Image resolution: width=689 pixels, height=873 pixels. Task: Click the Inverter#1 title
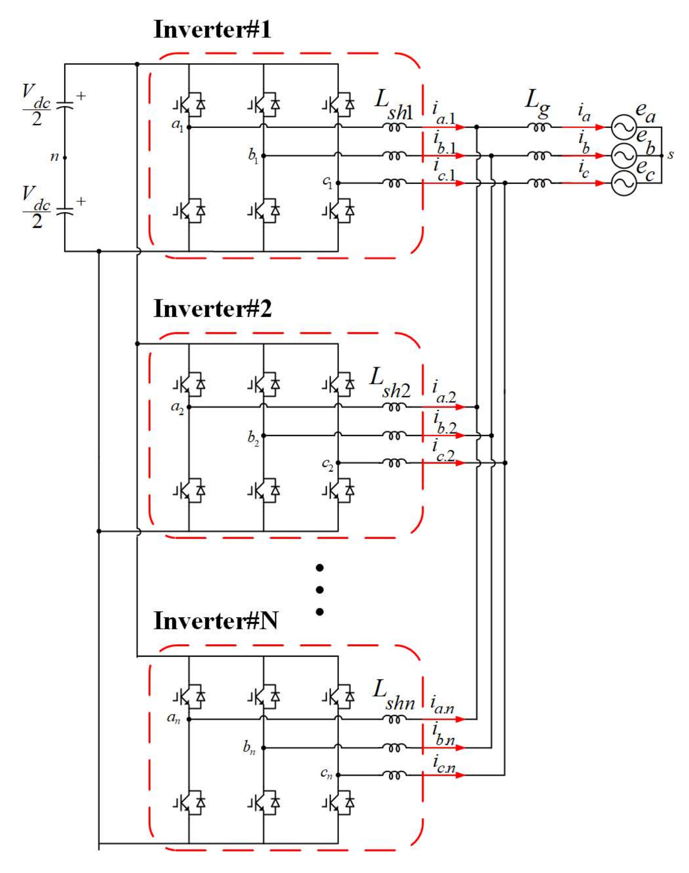212,30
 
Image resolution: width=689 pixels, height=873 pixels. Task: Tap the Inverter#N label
216,621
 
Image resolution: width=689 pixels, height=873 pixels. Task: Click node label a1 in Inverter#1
177,126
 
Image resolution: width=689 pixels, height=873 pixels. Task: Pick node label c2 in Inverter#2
328,464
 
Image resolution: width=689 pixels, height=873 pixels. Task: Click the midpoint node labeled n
55,157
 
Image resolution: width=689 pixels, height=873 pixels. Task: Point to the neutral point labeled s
671,155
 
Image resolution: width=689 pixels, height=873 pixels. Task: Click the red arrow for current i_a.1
444,127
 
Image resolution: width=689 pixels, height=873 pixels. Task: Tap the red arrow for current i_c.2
444,463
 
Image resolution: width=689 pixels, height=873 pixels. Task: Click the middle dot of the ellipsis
319,590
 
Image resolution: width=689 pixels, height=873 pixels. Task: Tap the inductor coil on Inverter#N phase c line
394,774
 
